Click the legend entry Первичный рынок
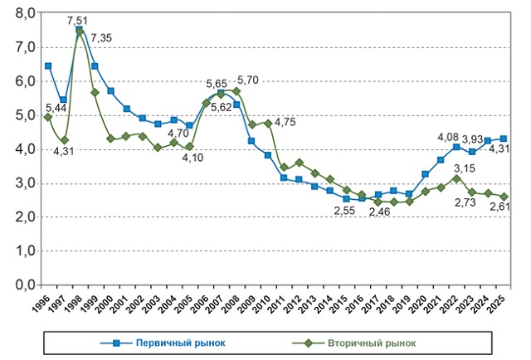(x=163, y=343)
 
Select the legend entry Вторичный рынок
(x=354, y=343)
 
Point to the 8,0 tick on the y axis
(x=26, y=13)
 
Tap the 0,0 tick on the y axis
(x=26, y=285)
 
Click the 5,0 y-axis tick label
(x=26, y=115)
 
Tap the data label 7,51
(x=77, y=21)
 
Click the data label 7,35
(x=101, y=38)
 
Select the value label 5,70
(x=248, y=80)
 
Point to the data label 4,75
(x=285, y=122)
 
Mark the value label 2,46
(x=380, y=212)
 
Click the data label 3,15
(x=465, y=168)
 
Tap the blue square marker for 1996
(x=48, y=66)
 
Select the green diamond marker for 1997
(x=64, y=140)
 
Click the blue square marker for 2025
(x=504, y=139)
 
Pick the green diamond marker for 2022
(x=456, y=178)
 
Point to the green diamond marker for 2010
(x=268, y=124)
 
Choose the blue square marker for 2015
(x=346, y=199)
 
